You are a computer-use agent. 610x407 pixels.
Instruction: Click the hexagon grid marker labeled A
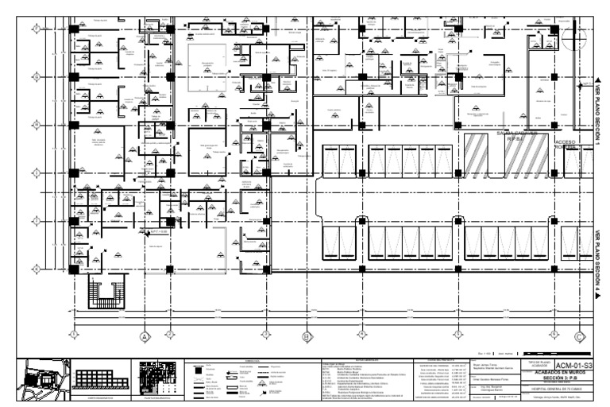pos(145,335)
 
